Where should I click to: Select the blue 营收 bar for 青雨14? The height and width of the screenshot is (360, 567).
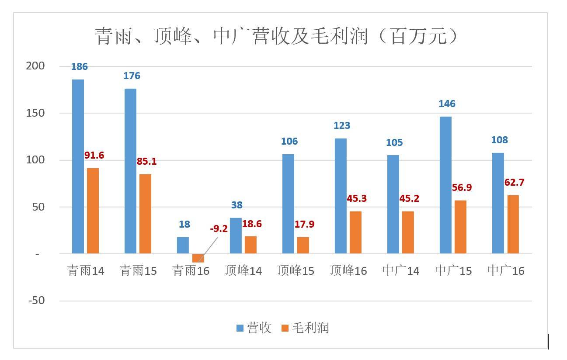click(x=78, y=166)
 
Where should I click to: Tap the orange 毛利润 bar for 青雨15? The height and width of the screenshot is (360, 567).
click(x=145, y=214)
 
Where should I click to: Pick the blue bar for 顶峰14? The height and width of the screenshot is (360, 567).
click(x=236, y=235)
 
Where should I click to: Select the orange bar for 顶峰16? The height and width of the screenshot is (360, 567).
click(x=355, y=232)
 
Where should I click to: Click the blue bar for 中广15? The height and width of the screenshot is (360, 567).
click(x=445, y=185)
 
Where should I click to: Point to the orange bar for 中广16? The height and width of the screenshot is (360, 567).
click(x=513, y=224)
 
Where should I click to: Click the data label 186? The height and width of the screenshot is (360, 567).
click(x=79, y=67)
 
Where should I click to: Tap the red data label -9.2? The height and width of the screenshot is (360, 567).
click(x=219, y=228)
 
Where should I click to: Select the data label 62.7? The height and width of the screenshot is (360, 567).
click(x=514, y=182)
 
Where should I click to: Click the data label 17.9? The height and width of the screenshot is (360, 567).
click(x=304, y=225)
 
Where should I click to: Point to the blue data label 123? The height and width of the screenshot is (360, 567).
click(x=341, y=126)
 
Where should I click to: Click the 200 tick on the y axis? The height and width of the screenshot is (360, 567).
click(x=35, y=66)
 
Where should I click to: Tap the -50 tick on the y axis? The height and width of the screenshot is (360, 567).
click(x=36, y=301)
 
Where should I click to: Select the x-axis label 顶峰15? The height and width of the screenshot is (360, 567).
click(x=296, y=271)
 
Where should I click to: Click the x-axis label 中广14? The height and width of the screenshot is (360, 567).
click(x=401, y=271)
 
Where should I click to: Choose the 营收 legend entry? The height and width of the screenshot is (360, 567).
click(x=254, y=328)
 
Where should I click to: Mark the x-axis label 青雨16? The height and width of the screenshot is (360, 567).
click(x=191, y=271)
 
